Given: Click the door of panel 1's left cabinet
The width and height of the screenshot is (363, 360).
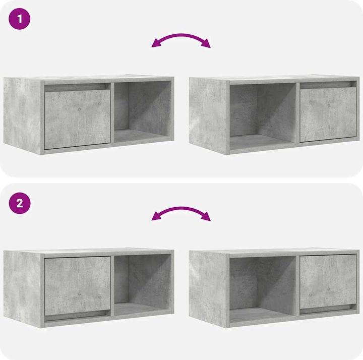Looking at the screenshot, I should click(77, 120).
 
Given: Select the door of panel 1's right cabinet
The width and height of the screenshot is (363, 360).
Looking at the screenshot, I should click(328, 115).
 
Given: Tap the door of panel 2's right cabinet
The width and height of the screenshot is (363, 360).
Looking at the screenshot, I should click(328, 280).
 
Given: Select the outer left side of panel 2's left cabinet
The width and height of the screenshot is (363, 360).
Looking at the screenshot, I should click(23, 288).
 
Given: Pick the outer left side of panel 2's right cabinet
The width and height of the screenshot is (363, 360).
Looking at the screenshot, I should click(208, 288).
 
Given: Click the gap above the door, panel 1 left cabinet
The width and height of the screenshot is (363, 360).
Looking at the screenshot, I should click(77, 87).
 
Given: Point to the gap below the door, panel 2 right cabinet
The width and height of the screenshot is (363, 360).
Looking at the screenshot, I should click(328, 309).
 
